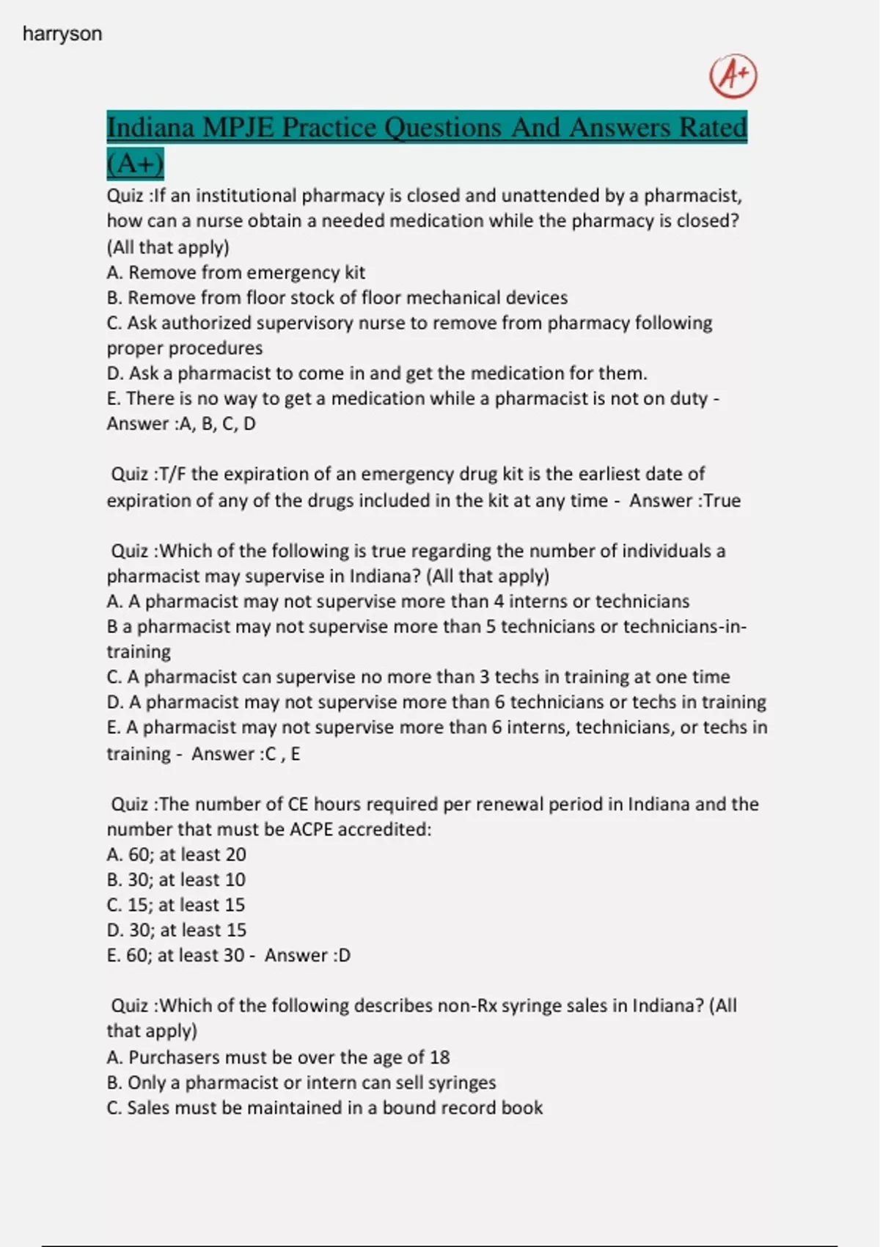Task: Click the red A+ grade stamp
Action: click(x=733, y=76)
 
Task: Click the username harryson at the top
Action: click(x=62, y=34)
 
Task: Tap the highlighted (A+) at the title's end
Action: click(x=135, y=163)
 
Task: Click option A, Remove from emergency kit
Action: click(x=235, y=273)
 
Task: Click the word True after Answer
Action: click(x=722, y=501)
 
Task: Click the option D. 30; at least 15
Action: click(x=177, y=930)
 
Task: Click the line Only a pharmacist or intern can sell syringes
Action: click(x=301, y=1083)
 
